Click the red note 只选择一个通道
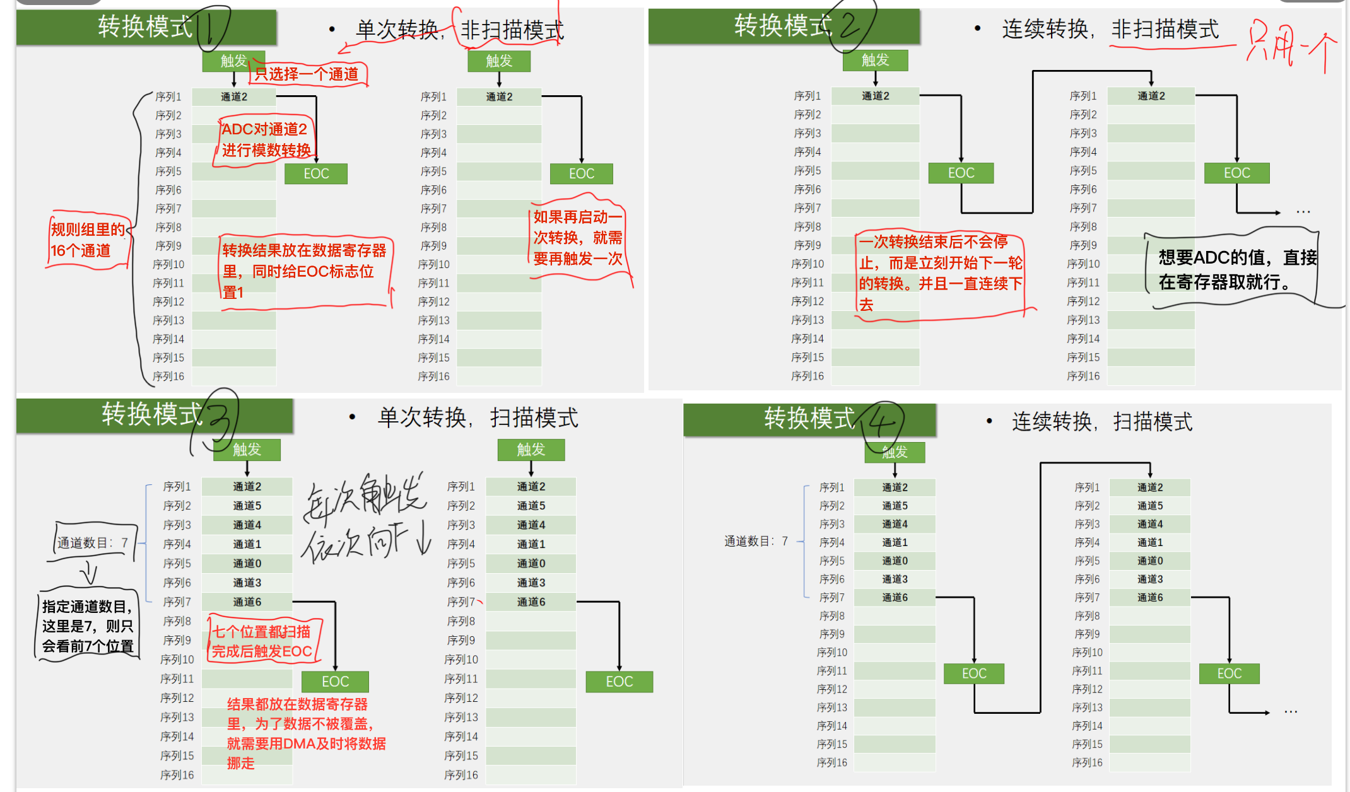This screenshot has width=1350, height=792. point(307,74)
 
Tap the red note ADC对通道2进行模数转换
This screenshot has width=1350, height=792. point(266,140)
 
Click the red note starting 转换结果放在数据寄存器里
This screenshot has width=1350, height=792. point(304,271)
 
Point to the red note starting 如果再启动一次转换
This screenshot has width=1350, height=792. point(578,238)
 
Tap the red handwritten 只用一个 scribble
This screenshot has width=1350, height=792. point(1291,45)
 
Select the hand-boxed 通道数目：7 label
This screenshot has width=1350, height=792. point(93,542)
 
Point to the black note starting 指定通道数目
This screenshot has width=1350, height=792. point(88,626)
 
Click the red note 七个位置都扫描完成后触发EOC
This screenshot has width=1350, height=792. point(262,641)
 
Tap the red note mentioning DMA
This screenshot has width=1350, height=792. point(306,733)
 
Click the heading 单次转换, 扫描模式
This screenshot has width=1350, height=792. point(478,417)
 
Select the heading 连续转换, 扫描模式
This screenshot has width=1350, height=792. point(1102,421)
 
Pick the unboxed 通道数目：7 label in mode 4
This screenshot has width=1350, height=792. point(756,541)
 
